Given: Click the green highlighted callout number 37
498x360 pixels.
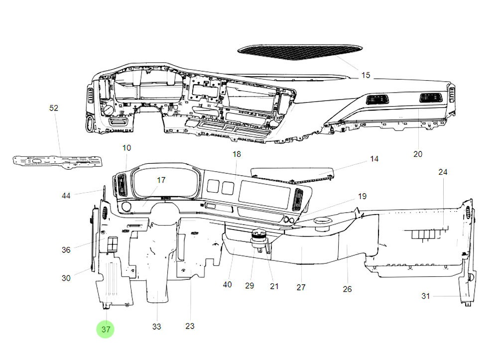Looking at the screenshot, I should tap(106, 329).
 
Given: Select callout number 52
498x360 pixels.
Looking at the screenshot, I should tap(54, 108).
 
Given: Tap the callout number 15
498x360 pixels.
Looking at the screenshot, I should tap(366, 75).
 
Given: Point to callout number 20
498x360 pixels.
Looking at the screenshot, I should tap(417, 154).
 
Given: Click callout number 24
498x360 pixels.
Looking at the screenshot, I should tap(443, 172).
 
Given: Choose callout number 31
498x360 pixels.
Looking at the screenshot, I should tap(425, 296).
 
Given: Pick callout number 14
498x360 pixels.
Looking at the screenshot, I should tap(374, 159).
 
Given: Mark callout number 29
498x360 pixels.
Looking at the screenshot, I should tap(249, 285).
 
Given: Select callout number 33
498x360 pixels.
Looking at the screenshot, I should tap(157, 327).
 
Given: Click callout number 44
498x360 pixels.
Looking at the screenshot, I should tap(66, 196).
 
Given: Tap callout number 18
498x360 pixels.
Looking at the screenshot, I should tap(237, 154).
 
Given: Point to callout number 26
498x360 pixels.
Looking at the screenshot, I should tap(347, 289).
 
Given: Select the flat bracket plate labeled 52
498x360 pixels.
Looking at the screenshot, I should tap(57, 161).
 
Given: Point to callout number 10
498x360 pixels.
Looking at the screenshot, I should tap(126, 148).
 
